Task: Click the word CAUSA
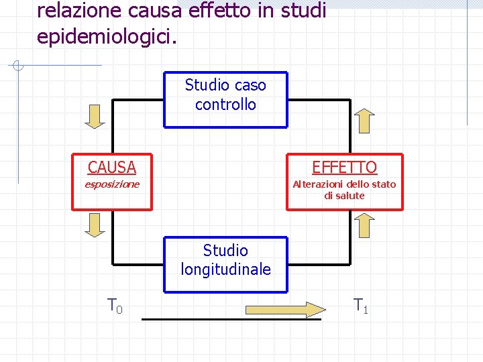111,167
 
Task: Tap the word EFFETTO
344,167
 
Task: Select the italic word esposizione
111,184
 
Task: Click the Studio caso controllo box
225,99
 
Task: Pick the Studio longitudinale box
225,264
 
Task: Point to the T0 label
115,306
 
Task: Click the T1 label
361,306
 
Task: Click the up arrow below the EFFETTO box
365,226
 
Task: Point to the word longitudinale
225,269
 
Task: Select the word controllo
225,105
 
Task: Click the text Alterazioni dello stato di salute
344,190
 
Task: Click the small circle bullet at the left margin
19,66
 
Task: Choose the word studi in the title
303,10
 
